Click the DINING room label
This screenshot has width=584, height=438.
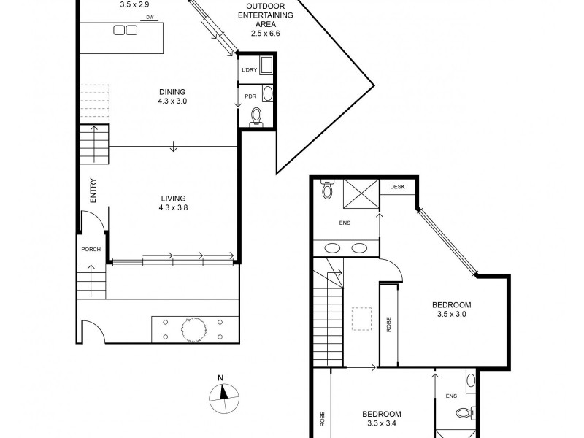(172, 92)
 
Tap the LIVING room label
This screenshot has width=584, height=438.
(173, 199)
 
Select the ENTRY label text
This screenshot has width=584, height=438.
(93, 191)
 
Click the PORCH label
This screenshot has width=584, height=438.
(91, 249)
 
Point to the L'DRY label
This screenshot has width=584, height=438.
(249, 70)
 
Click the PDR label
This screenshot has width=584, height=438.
(250, 96)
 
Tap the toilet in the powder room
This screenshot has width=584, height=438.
(257, 116)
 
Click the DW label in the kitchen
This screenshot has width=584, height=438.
(150, 17)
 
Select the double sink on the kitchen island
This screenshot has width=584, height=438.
(125, 30)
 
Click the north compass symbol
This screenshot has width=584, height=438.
(223, 395)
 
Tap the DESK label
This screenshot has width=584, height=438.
(397, 187)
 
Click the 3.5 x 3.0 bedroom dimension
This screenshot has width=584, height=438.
(451, 314)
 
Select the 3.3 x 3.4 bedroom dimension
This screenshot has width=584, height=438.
(382, 423)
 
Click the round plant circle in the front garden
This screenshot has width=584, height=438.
(193, 330)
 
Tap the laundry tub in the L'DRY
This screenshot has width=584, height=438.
(266, 65)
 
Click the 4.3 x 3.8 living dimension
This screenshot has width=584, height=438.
(173, 208)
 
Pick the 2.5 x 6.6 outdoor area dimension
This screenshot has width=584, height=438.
(265, 33)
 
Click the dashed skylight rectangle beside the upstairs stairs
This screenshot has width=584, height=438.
(361, 319)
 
